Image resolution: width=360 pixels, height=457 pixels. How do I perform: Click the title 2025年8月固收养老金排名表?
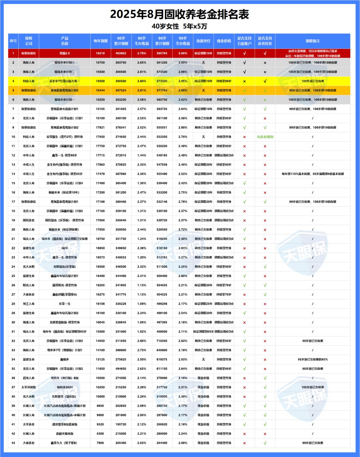pos(180,14)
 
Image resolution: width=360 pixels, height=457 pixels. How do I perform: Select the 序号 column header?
pos(13,41)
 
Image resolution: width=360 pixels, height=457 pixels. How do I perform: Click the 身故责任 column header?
pos(203,41)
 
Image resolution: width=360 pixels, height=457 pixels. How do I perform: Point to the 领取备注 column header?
pos(313,41)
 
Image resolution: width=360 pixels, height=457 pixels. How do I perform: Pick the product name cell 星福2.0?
pos(65,53)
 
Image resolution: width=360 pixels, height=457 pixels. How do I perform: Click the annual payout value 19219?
pos(100,53)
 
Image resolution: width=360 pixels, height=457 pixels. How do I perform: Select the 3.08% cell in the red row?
pos(183,53)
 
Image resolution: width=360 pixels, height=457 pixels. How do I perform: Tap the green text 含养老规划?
pos(265,137)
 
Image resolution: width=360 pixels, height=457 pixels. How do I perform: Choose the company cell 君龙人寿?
pos(29,378)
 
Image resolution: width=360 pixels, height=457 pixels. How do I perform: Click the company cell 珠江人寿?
pos(29,304)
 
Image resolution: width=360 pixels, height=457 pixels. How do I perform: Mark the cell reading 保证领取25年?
pos(203,304)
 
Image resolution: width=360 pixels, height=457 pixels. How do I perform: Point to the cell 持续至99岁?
pos(224,81)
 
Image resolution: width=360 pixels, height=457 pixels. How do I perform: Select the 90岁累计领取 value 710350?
pos(162,341)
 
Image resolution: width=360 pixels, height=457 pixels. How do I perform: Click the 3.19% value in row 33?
pos(183,350)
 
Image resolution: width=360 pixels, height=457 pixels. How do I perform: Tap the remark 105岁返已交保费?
pos(313,387)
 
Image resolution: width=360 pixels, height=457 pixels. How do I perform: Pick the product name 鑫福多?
pos(65,360)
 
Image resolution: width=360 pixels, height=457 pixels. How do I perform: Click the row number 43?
pos(13,443)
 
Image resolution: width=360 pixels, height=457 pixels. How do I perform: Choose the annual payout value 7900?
pos(100,443)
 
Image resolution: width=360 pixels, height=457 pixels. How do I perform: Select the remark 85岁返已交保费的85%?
pos(313,360)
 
